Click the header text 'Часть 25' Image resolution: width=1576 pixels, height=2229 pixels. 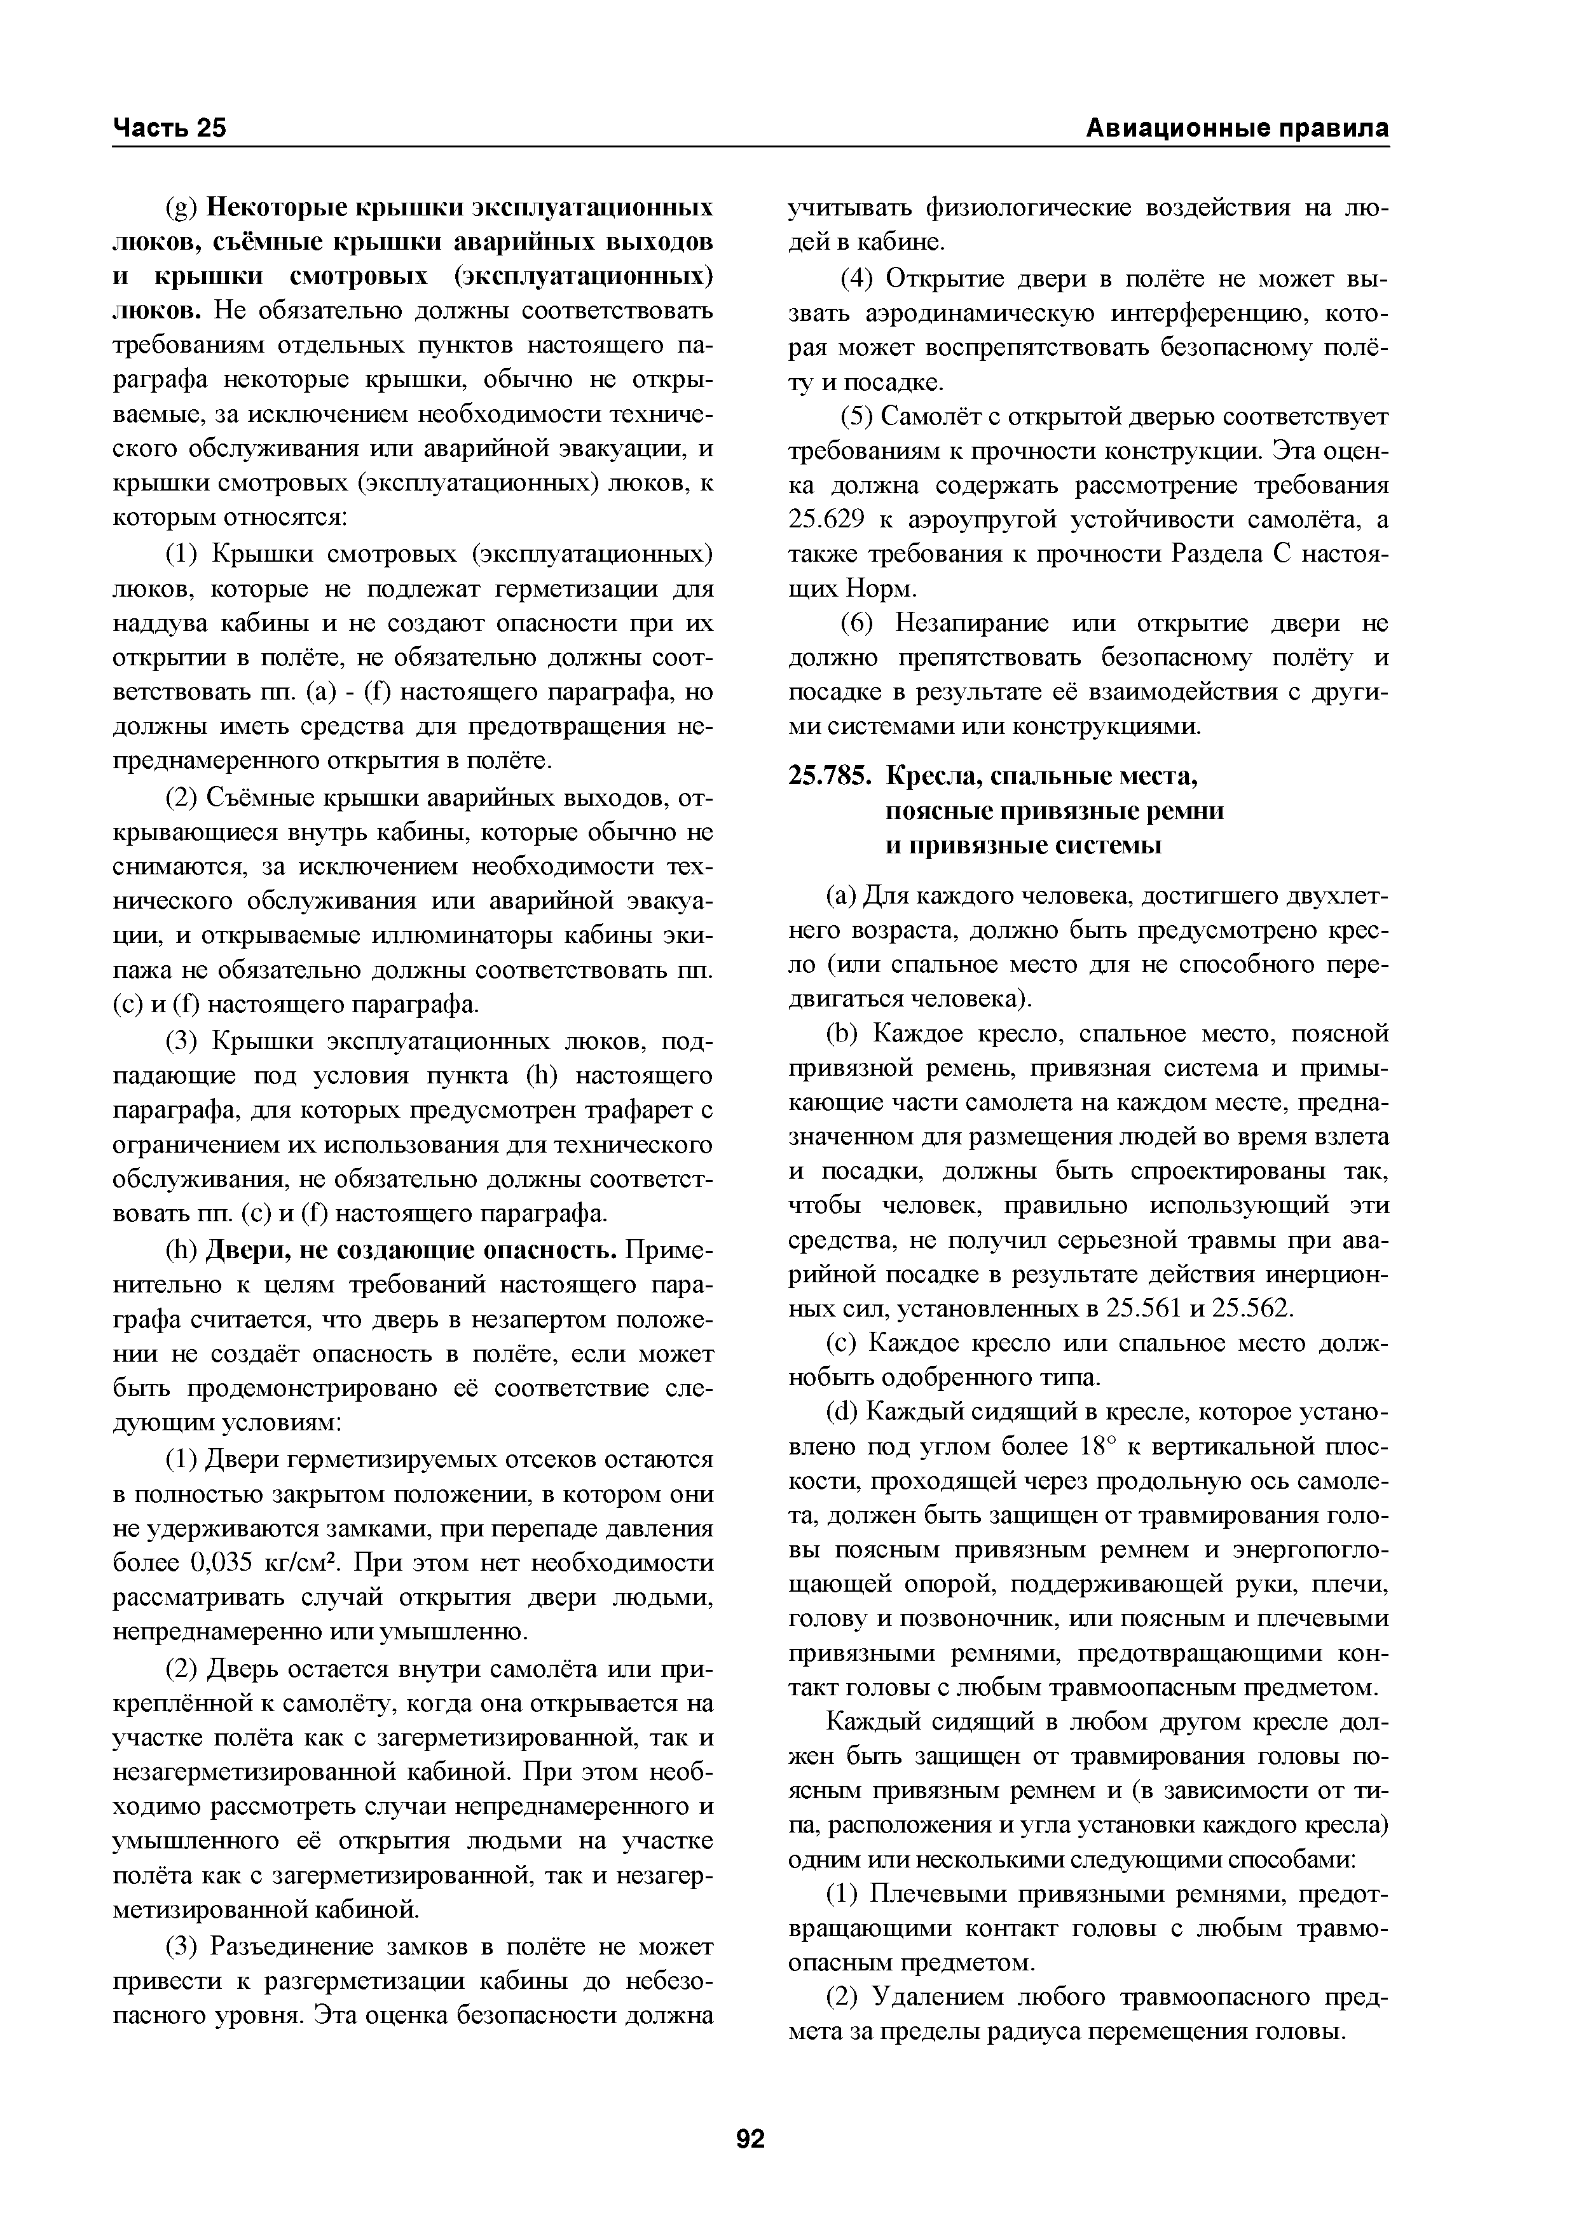[x=170, y=129]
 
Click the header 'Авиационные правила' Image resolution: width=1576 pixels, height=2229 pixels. [x=1236, y=129]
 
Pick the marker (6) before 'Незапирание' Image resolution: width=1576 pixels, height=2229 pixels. [x=856, y=623]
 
